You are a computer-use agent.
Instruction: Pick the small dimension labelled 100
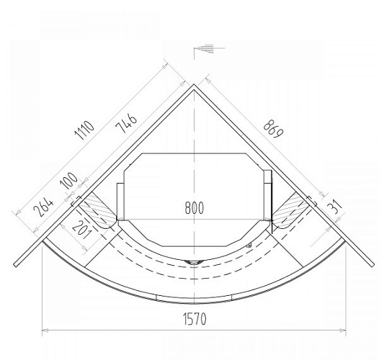(x=71, y=181)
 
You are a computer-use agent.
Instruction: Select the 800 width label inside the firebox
(x=194, y=208)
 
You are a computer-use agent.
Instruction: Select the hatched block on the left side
(x=98, y=210)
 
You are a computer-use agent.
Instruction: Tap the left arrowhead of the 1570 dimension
(x=45, y=331)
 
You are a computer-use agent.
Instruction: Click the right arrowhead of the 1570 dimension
(x=343, y=331)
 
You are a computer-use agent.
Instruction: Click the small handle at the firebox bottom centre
(x=194, y=261)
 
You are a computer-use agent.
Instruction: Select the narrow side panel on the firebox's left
(x=120, y=201)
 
